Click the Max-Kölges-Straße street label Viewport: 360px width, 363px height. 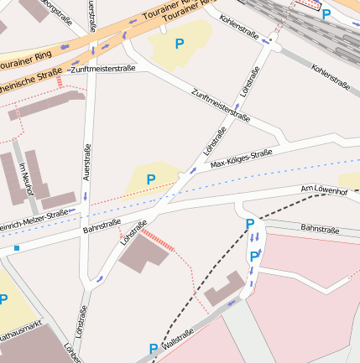tap(242, 158)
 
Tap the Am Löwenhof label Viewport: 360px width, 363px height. tap(324, 192)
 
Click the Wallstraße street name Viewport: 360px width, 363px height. tap(178, 339)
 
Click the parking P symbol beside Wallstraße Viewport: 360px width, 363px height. tap(153, 348)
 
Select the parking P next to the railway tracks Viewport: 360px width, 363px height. tap(326, 13)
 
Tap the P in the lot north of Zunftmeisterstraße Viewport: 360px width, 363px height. tap(179, 43)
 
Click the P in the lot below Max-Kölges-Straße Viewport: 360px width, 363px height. tap(151, 179)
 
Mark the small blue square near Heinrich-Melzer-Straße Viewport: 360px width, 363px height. tap(16, 248)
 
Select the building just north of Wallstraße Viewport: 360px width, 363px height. tap(222, 288)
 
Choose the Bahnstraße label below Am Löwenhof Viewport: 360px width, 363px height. tap(319, 228)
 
